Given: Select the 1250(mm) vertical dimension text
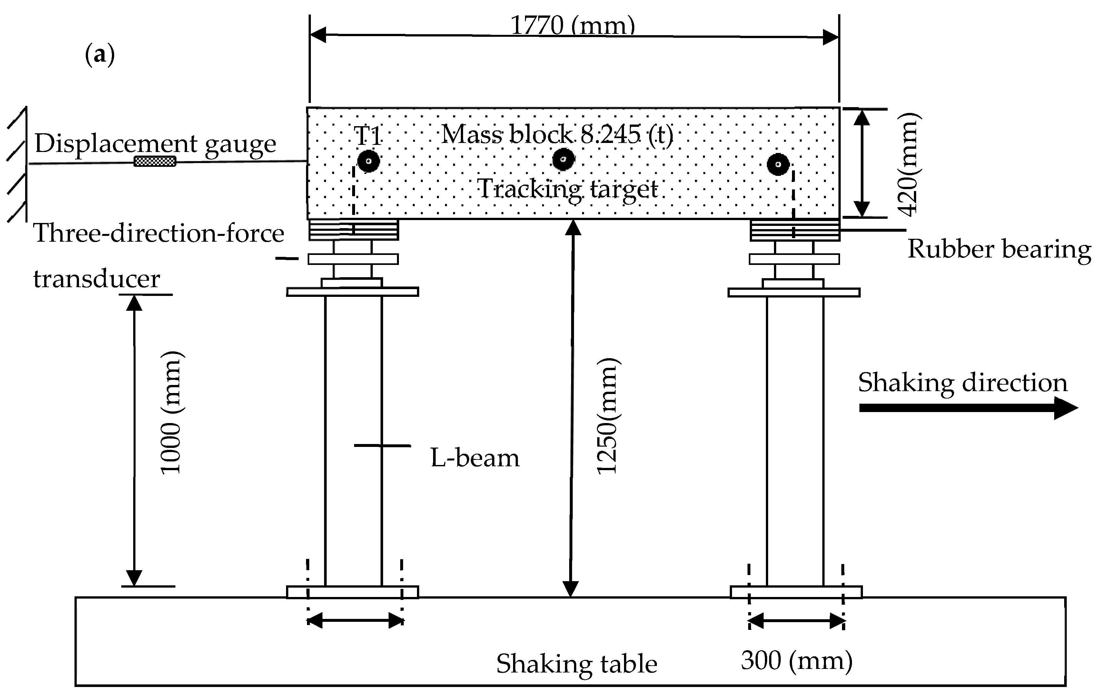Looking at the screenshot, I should click(x=608, y=416).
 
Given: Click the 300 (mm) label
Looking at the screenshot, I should click(x=797, y=661).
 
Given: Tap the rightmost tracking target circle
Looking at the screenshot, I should click(x=778, y=165).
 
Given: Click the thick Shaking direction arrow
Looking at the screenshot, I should click(x=967, y=408).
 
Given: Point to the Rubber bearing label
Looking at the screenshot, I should click(x=999, y=249).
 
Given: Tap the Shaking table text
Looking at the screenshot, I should click(x=577, y=664).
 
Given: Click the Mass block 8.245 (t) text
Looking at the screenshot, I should click(x=557, y=135).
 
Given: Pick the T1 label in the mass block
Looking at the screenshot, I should click(x=368, y=136).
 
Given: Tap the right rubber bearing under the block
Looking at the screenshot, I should click(x=795, y=230).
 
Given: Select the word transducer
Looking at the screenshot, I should click(x=97, y=278).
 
